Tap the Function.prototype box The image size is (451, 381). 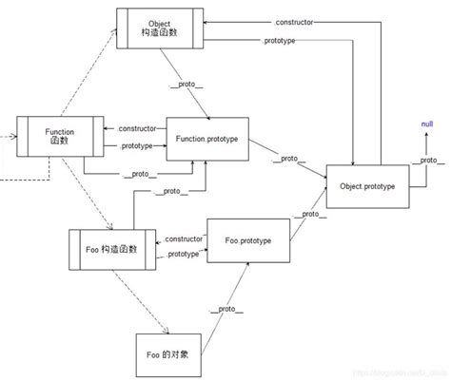[x=206, y=140]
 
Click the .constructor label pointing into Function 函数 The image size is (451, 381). [x=139, y=128]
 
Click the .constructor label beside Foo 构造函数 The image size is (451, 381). [x=183, y=238]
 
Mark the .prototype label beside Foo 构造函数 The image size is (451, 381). [x=183, y=254]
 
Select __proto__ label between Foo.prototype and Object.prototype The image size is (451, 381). [x=306, y=215]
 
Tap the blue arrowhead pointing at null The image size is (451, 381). [x=425, y=134]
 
